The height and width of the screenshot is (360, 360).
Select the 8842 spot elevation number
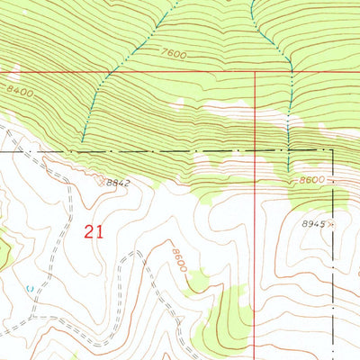(118, 184)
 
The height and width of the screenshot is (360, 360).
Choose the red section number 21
(93, 231)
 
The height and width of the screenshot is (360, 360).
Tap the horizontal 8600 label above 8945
(311, 180)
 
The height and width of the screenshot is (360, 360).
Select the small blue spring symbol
(29, 288)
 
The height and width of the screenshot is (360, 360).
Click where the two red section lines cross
(256, 73)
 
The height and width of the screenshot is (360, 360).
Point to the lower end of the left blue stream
(83, 141)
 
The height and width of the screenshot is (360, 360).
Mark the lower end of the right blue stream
(289, 171)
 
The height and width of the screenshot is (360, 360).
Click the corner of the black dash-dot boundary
(334, 149)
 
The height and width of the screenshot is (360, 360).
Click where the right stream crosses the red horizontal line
(290, 73)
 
